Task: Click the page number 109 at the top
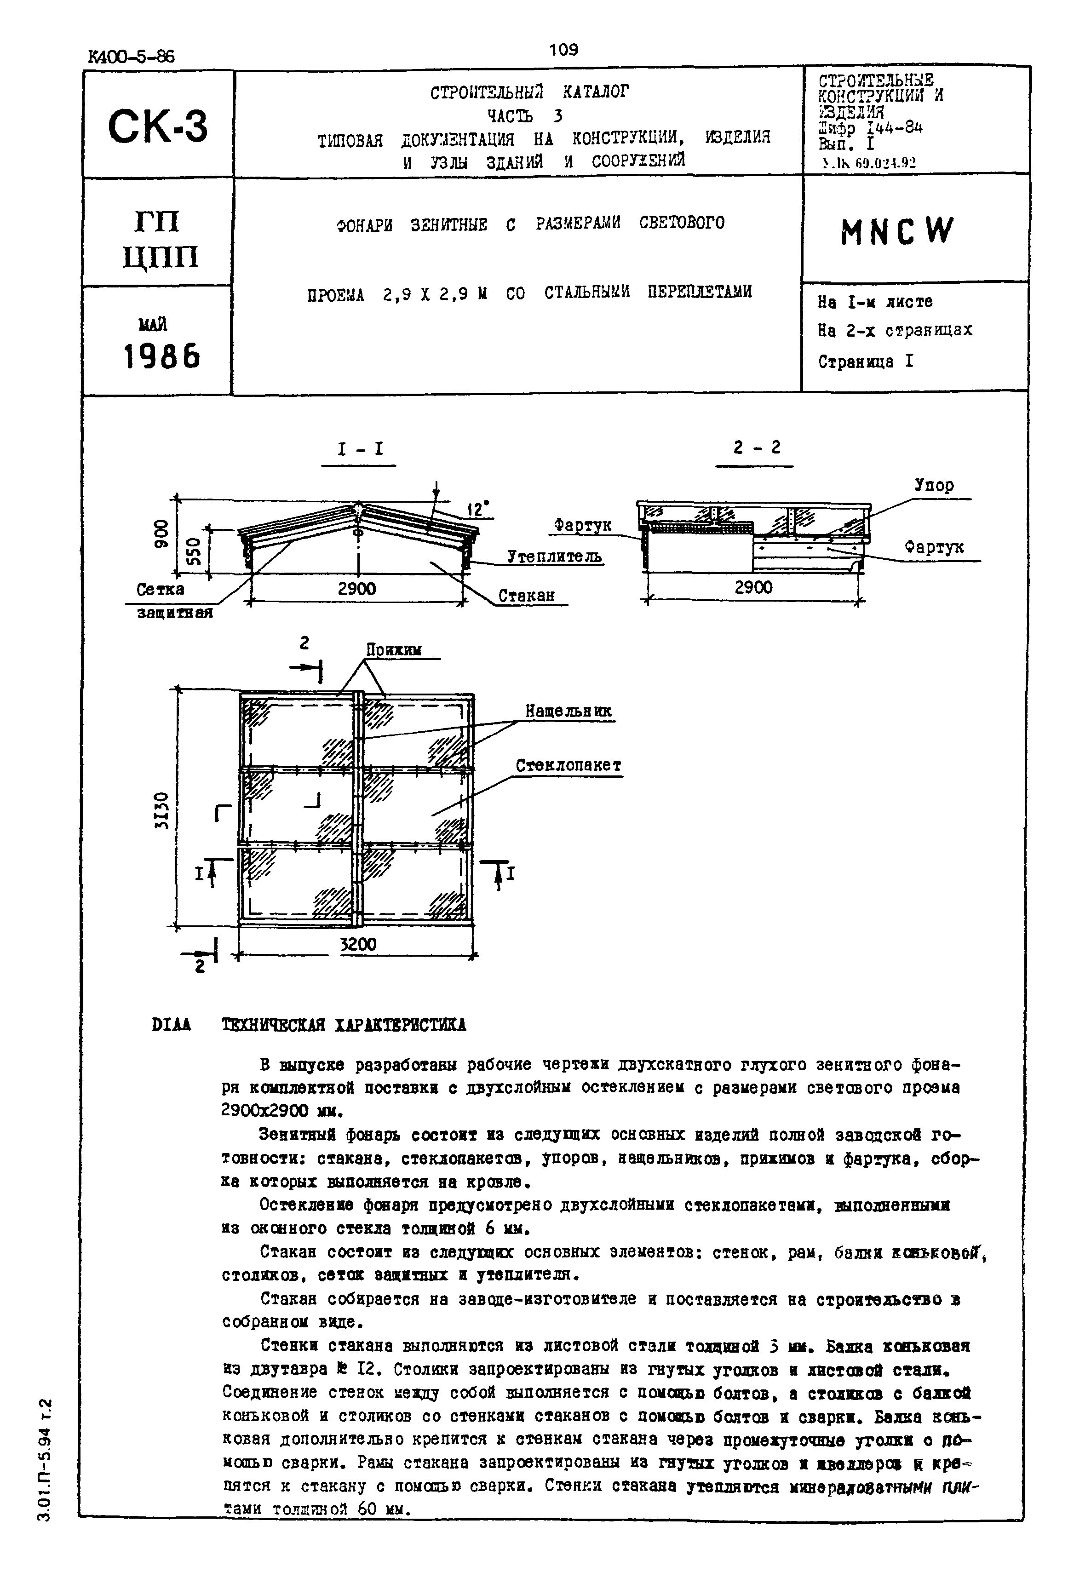[x=563, y=50]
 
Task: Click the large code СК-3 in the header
[x=157, y=127]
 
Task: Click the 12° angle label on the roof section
[x=477, y=509]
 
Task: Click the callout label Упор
[x=934, y=486]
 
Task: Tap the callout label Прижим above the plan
[x=394, y=650]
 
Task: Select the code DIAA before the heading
[x=172, y=1025]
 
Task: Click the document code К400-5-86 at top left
[x=131, y=57]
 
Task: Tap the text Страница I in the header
[x=866, y=362]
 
